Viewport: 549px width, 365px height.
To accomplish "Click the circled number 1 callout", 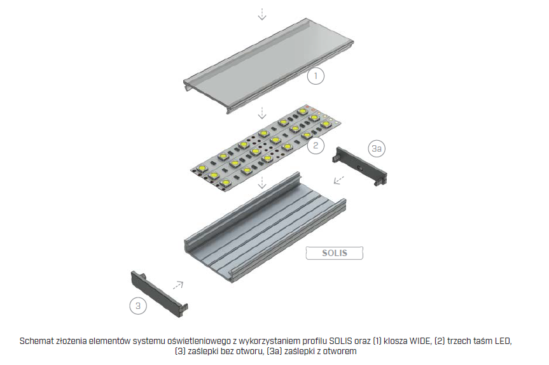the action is pyautogui.click(x=316, y=76).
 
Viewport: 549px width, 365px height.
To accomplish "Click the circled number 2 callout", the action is pyautogui.click(x=316, y=145).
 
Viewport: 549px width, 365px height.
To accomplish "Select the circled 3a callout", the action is pyautogui.click(x=377, y=148).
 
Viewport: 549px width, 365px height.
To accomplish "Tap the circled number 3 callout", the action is pyautogui.click(x=138, y=306).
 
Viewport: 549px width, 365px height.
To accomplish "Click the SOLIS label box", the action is pyautogui.click(x=335, y=253).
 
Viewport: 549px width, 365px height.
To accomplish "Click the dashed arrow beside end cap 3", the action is pyautogui.click(x=178, y=285).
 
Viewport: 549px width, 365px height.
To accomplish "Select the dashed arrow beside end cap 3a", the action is pyautogui.click(x=338, y=180).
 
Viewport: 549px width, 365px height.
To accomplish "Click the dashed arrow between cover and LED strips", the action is pyautogui.click(x=262, y=112).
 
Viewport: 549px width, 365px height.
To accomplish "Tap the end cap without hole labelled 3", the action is pyautogui.click(x=159, y=294).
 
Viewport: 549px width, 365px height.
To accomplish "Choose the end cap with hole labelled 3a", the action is pyautogui.click(x=359, y=166).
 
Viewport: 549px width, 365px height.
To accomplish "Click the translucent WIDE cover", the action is pyautogui.click(x=268, y=66).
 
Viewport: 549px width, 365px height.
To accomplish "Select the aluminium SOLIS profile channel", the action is pyautogui.click(x=265, y=227).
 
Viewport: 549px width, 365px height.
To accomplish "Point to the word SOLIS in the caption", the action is pyautogui.click(x=341, y=341).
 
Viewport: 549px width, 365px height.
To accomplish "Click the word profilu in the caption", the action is pyautogui.click(x=315, y=341).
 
